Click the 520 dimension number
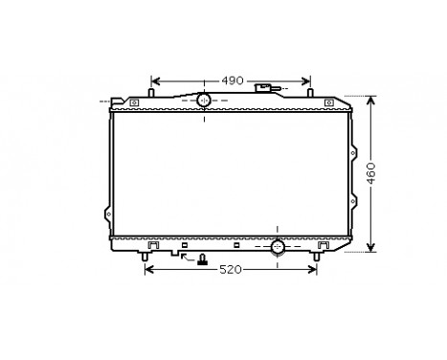[231, 271]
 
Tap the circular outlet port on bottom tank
[278, 249]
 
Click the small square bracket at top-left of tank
[136, 102]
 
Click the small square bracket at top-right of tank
[329, 102]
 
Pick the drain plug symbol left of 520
[202, 259]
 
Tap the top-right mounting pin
[311, 94]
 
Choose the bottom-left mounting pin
[145, 256]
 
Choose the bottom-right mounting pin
[317, 256]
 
